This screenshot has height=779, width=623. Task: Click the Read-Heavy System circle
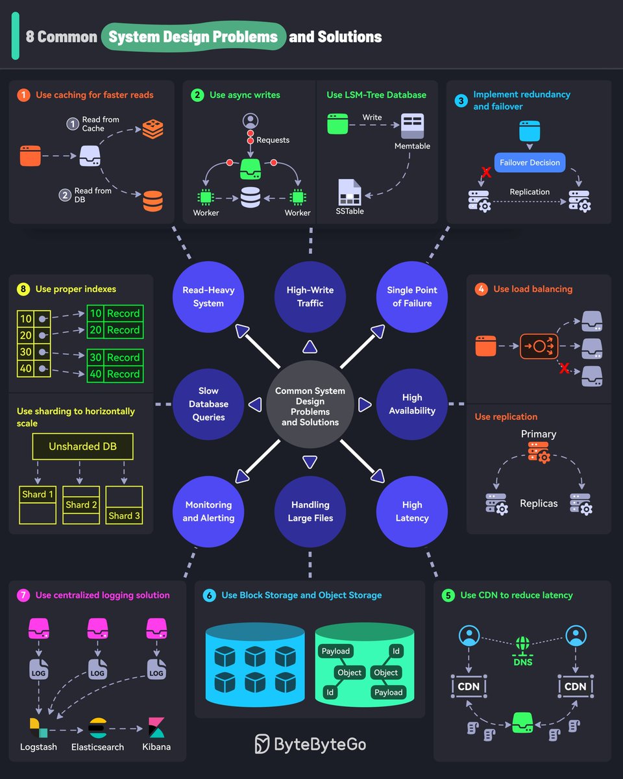(x=208, y=297)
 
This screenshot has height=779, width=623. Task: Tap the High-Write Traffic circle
(x=310, y=297)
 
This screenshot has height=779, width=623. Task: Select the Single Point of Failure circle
(x=412, y=297)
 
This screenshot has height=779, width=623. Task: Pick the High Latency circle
(x=412, y=511)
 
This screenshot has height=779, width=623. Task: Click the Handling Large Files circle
(x=310, y=511)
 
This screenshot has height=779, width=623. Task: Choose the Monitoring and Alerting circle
(x=208, y=511)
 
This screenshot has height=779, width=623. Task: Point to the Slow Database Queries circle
(x=208, y=404)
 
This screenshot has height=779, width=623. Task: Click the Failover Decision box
(x=530, y=162)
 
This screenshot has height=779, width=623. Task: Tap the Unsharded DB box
(x=83, y=447)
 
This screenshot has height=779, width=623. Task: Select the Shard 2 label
(x=82, y=504)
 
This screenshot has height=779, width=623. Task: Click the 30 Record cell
(x=115, y=357)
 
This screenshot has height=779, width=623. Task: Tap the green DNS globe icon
(x=523, y=645)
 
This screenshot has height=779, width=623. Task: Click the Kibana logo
(x=156, y=728)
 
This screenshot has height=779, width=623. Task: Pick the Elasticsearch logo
(x=97, y=728)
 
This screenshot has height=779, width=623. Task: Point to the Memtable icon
(x=412, y=125)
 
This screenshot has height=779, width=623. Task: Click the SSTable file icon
(x=349, y=192)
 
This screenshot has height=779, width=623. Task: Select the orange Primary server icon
(x=539, y=452)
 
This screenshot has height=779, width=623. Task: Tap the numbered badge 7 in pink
(x=23, y=595)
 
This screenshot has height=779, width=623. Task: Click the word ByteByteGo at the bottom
(x=320, y=743)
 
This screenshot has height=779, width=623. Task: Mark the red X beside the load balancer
(x=564, y=369)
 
